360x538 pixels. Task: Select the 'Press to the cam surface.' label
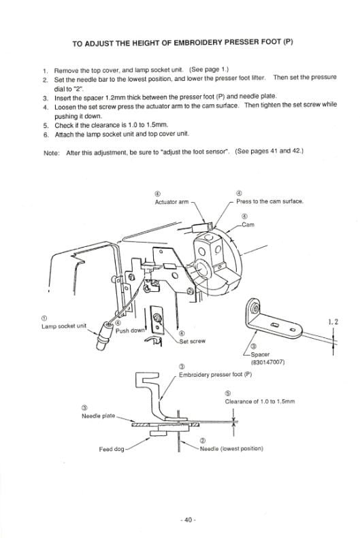270,201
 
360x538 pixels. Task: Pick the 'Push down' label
131,331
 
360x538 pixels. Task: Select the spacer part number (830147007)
267,362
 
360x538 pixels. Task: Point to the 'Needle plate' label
99,415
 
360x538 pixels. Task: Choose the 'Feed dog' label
112,448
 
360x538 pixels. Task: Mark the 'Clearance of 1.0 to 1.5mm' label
259,402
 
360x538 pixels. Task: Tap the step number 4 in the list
45,106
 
